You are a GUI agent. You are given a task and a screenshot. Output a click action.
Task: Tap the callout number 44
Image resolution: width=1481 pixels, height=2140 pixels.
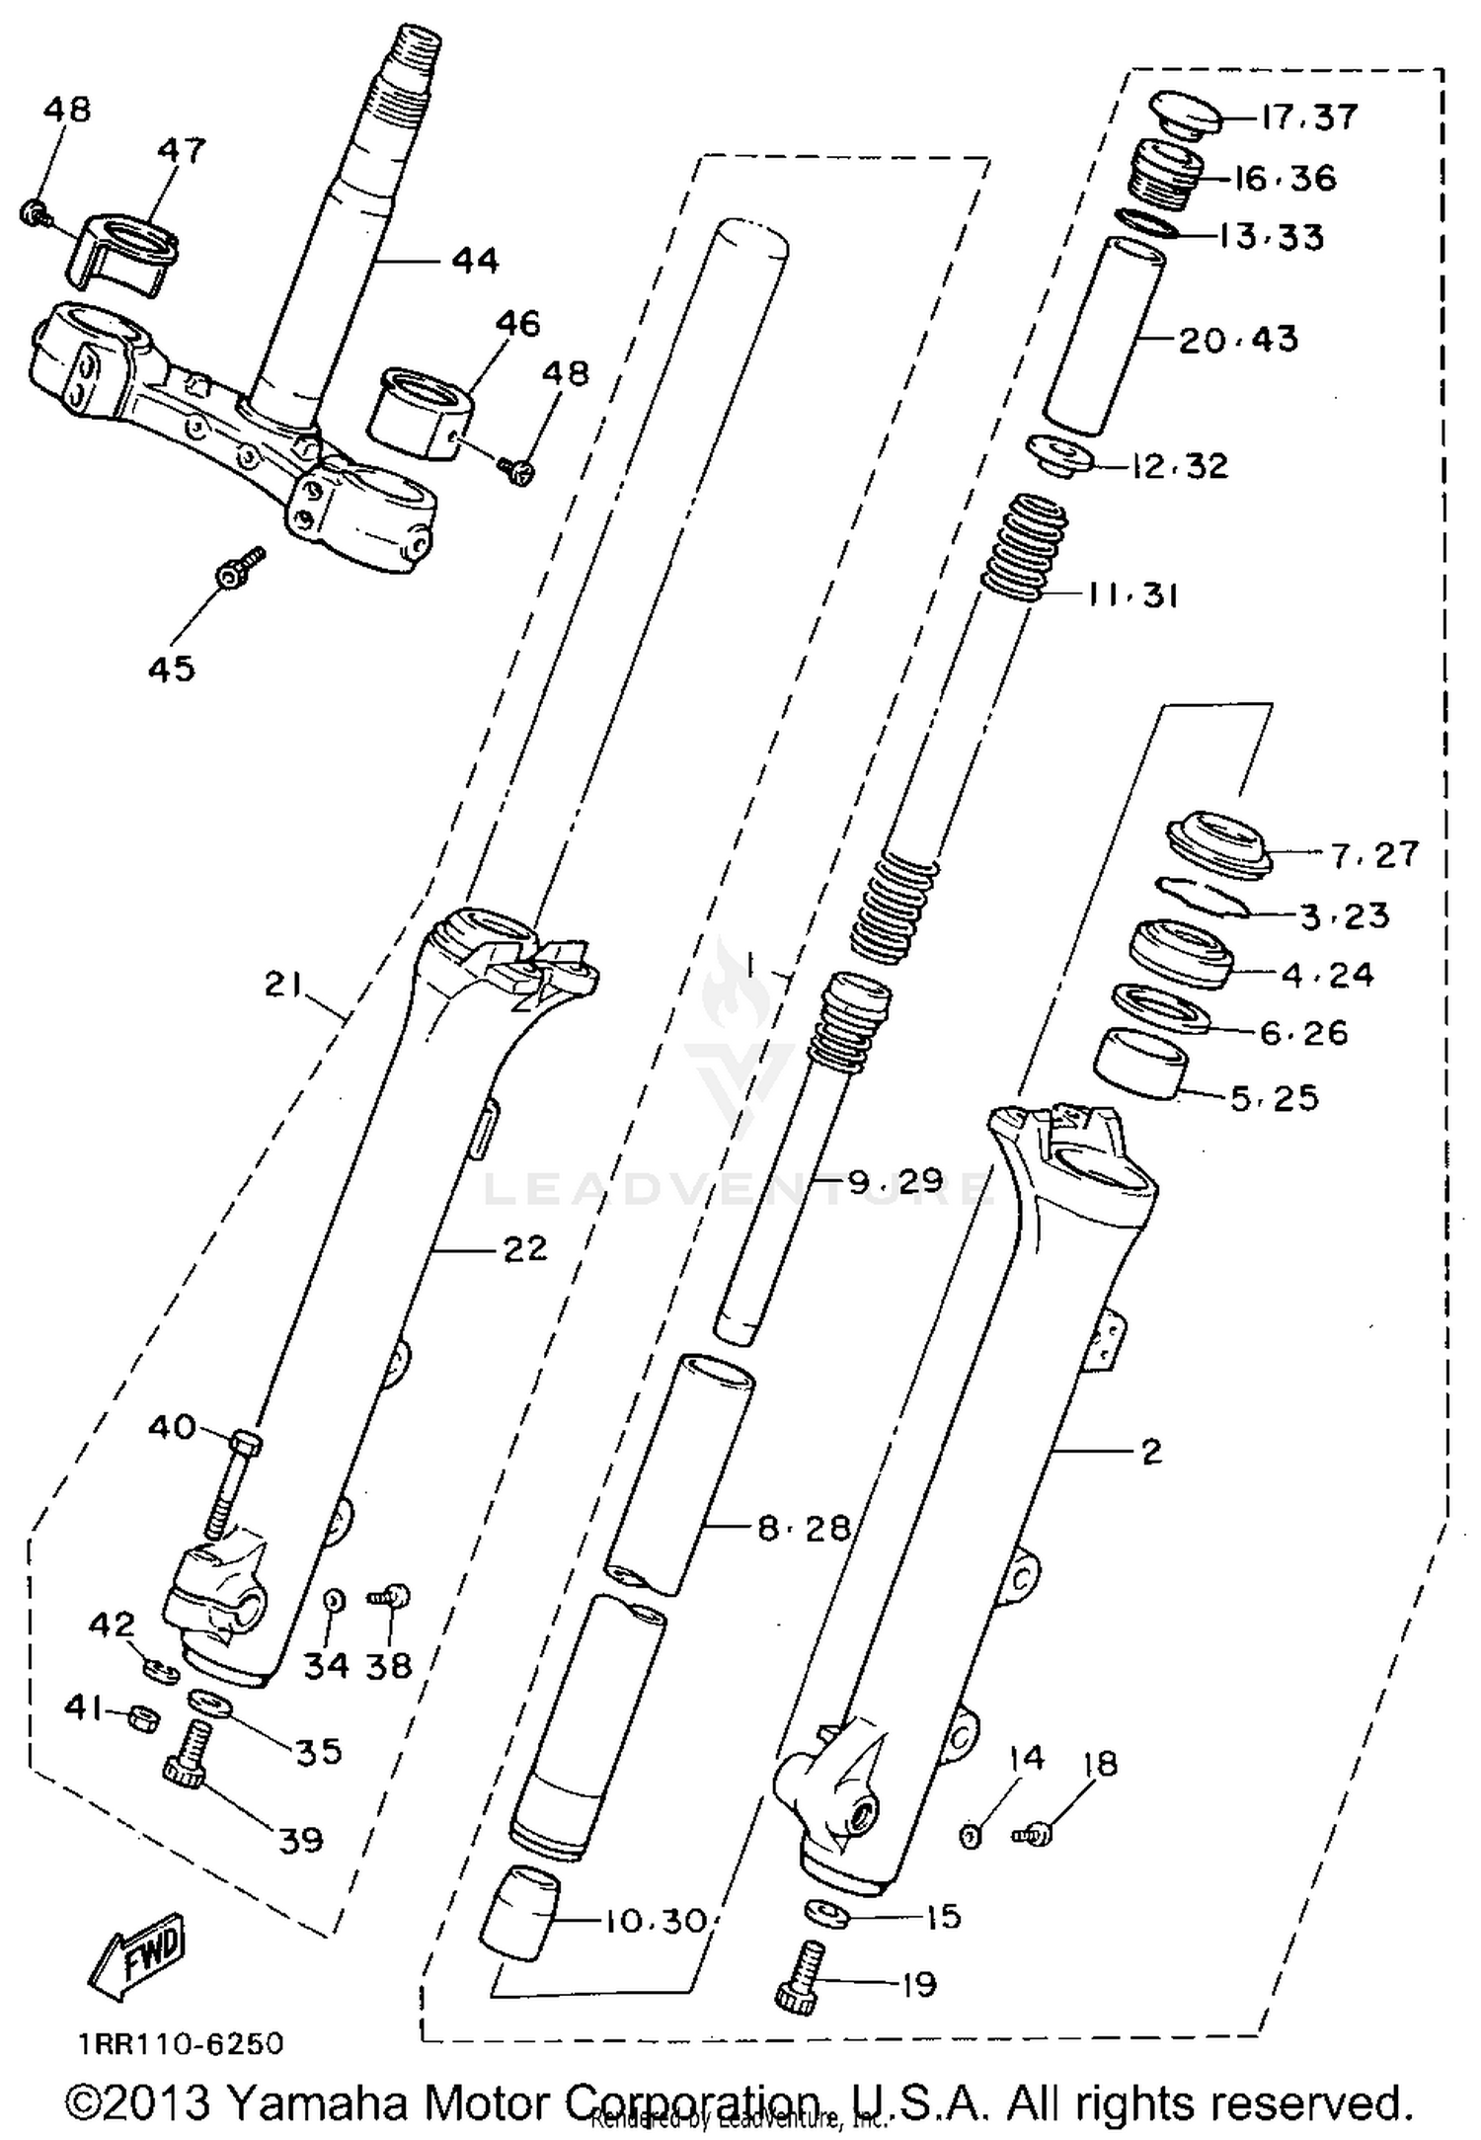476,262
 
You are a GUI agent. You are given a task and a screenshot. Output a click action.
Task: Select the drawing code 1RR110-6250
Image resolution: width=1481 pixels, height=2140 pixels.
176,2043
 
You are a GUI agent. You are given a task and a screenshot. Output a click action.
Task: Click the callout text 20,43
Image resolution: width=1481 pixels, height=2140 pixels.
1238,339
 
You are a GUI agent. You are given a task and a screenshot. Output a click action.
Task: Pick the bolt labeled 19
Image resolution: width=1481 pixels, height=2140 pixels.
799,1976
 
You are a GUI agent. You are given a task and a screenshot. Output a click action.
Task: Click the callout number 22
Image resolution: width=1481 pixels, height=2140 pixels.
524,1249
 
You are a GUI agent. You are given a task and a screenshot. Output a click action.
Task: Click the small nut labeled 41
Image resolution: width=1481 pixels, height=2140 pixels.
140,1715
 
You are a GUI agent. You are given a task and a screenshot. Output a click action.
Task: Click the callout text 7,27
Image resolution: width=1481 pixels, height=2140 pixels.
1374,854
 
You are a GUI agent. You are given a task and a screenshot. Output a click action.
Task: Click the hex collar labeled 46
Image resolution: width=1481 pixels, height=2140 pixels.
419,412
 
